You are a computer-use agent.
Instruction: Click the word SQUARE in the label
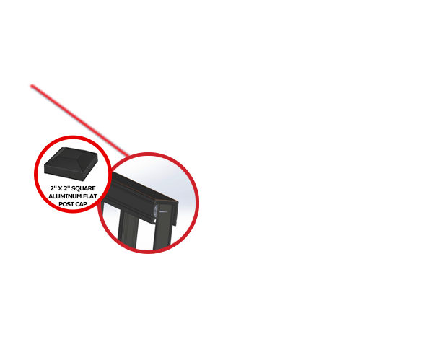[x=84, y=188]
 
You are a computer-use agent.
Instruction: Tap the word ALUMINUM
[x=62, y=196]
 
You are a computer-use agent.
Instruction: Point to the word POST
[x=66, y=204]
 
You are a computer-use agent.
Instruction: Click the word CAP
[x=81, y=204]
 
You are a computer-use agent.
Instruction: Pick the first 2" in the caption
[x=53, y=188]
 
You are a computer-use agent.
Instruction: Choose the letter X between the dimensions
[x=60, y=188]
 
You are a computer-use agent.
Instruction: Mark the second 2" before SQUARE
[x=67, y=188]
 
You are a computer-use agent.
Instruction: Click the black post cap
[x=71, y=164]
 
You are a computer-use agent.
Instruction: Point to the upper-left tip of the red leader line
[x=31, y=86]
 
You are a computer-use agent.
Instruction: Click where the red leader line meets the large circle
[x=128, y=155]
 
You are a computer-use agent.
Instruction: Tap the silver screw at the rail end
[x=156, y=211]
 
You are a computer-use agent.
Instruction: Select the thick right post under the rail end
[x=164, y=227]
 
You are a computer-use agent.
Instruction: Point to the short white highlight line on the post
[x=164, y=212]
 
